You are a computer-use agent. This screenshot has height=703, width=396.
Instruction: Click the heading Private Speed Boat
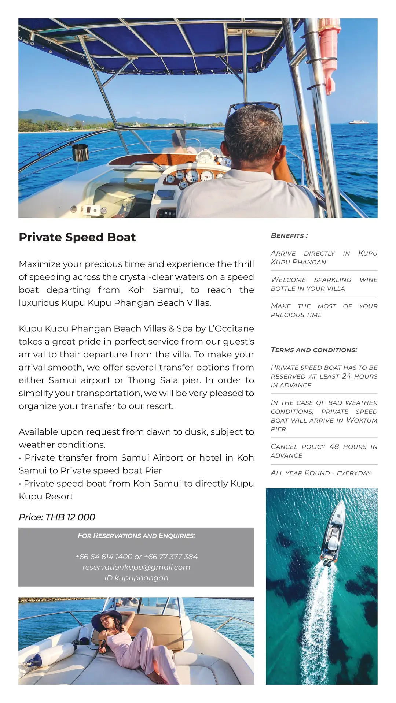pos(77,237)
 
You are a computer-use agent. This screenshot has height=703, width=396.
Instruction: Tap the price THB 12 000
pos(57,517)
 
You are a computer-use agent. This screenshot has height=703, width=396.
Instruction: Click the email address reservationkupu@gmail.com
pos(136,567)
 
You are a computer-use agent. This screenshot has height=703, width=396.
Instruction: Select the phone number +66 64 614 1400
pos(104,557)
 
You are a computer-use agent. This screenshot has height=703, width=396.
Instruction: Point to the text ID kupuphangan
pos(136,578)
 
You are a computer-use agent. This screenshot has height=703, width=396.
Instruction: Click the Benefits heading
pos(289,236)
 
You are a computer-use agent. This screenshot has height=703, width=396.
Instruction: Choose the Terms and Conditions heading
pos(314,350)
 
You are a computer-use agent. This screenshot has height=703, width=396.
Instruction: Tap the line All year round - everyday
pos(321,473)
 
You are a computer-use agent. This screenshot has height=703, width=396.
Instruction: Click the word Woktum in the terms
pos(362,420)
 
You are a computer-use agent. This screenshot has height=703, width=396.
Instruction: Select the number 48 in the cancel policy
pos(334,447)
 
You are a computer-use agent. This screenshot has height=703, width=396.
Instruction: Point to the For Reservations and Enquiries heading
pos(136,536)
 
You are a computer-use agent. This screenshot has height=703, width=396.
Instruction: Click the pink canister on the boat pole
pos(327,55)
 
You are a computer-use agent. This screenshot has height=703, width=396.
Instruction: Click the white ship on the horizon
pos(358,122)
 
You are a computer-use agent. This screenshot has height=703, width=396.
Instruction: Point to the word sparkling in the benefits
pos(333,280)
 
